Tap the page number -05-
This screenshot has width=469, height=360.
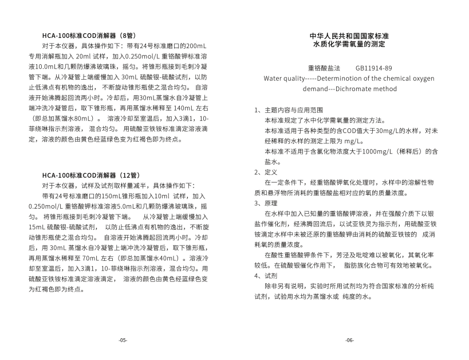[123, 340]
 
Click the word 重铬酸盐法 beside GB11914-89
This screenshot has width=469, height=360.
[324, 68]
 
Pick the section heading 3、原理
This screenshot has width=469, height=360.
[266, 203]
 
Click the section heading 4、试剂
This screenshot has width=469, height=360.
[266, 275]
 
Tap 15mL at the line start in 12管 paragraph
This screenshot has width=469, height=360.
[36, 227]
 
